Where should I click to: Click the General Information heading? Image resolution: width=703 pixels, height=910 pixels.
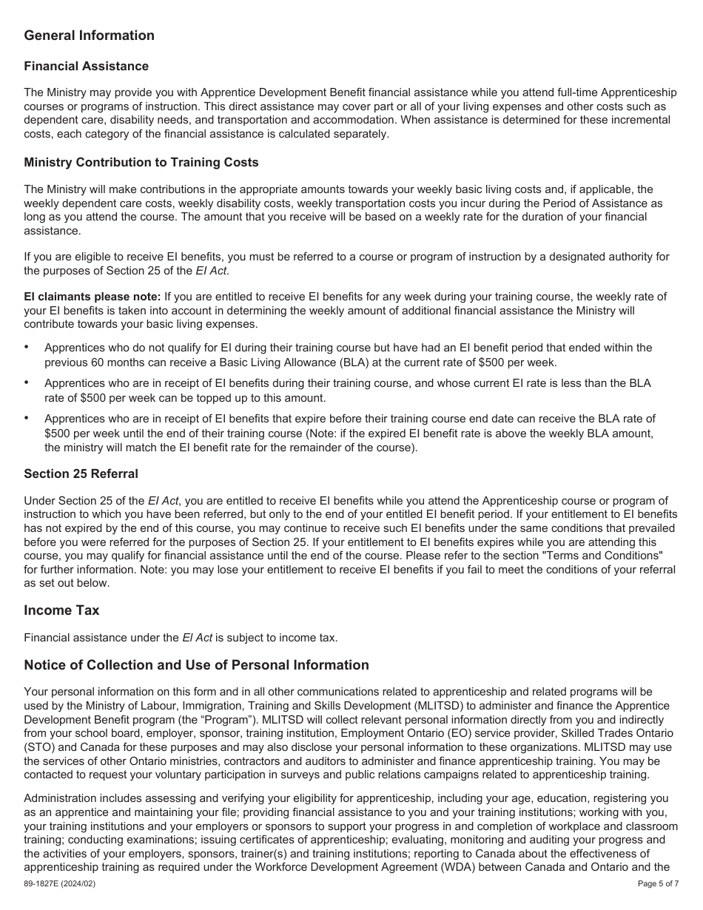coord(89,36)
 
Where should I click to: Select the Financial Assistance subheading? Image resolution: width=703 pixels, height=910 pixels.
coord(86,67)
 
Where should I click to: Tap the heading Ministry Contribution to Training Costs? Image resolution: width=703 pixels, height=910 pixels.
coord(141,162)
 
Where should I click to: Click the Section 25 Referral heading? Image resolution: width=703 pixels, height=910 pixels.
coord(81,473)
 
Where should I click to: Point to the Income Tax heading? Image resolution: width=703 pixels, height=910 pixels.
coord(61,610)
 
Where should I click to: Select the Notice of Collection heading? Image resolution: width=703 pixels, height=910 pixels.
coord(196,665)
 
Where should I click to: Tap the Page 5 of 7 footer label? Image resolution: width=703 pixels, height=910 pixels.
coord(658,884)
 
